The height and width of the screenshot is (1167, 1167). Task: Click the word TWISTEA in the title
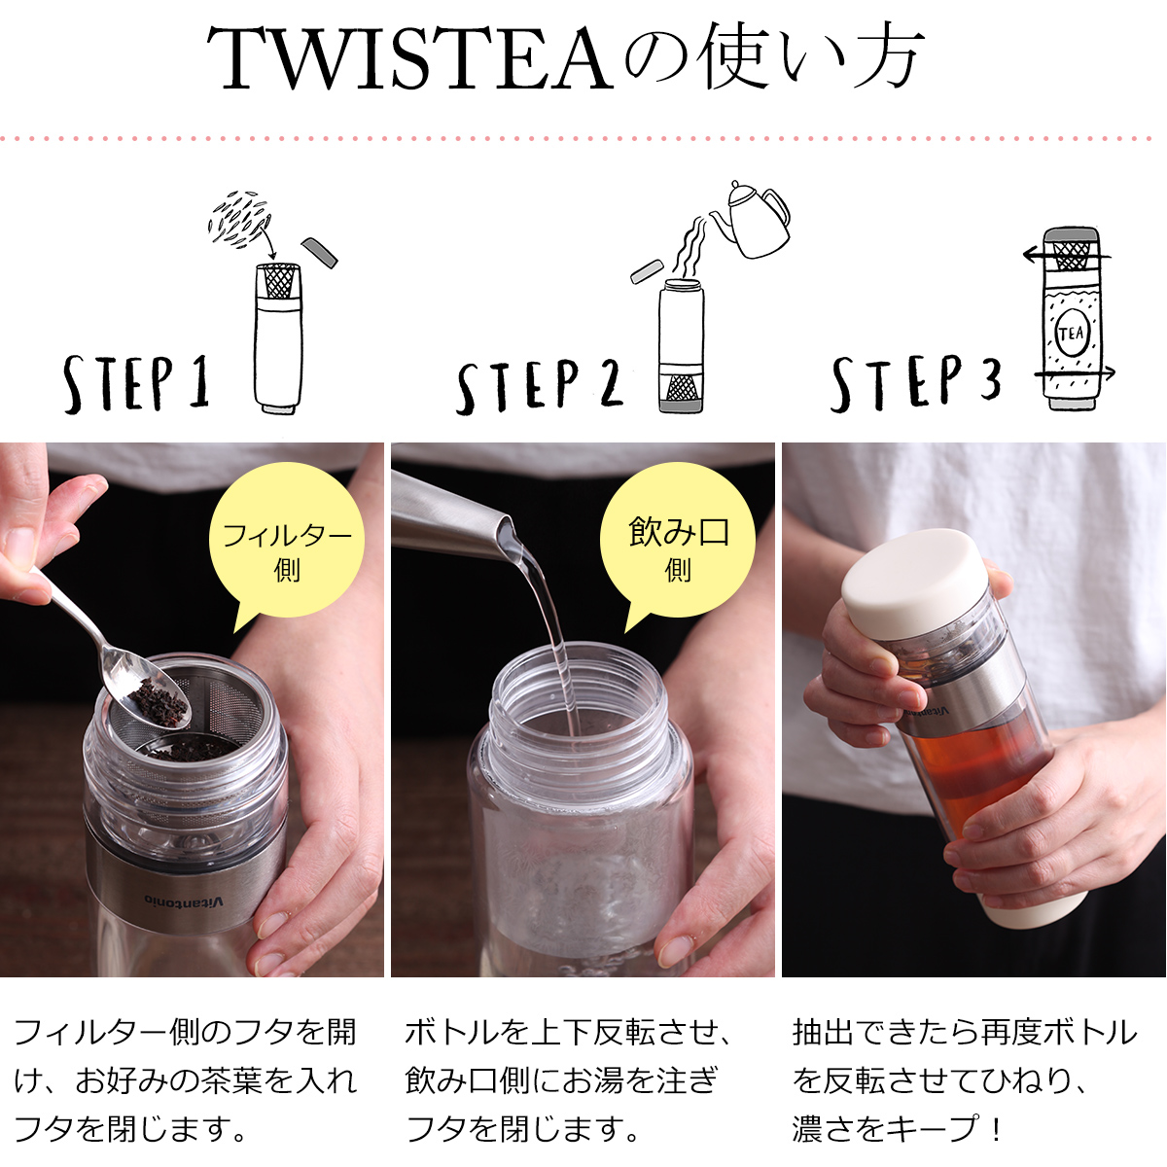tap(410, 58)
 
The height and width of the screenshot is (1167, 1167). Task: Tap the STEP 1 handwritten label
tap(137, 384)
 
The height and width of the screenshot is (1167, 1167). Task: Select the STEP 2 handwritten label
tap(539, 386)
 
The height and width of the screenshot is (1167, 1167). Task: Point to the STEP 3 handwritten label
tap(916, 383)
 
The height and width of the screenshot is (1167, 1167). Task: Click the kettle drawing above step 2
tap(752, 219)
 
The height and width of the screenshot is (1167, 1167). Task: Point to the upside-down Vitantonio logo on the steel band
tap(184, 899)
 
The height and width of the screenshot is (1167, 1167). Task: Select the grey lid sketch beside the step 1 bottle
tap(319, 252)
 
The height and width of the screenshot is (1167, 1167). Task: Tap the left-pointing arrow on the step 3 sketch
tap(1066, 255)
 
